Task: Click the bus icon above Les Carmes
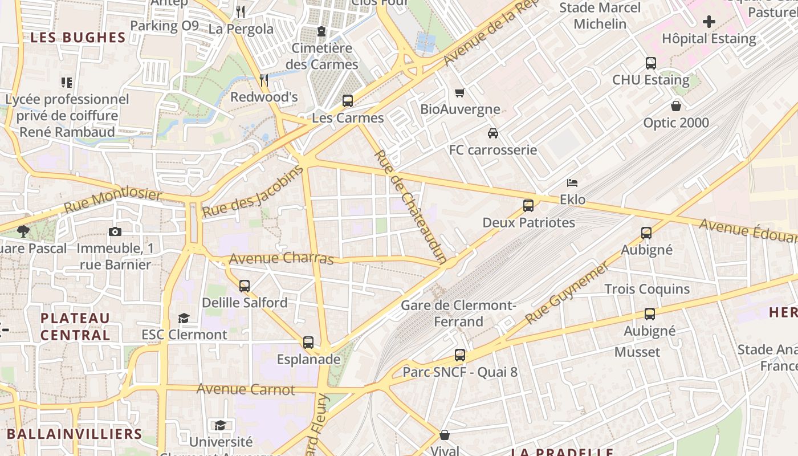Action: (x=348, y=101)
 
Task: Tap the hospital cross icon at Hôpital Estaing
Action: (x=709, y=22)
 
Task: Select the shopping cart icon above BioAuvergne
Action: (x=460, y=92)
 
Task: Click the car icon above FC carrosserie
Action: (x=493, y=133)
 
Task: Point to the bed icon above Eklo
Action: (x=572, y=183)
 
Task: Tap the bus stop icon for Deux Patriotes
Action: (x=528, y=206)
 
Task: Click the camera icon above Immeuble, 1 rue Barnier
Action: (x=115, y=231)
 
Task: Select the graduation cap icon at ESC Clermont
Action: (x=184, y=317)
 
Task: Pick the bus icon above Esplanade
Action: (x=308, y=343)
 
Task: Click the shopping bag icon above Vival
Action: (x=445, y=435)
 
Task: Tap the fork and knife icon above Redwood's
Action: (x=264, y=80)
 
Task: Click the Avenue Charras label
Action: (x=281, y=258)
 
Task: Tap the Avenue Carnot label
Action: (x=246, y=390)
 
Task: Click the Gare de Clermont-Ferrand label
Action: (x=458, y=313)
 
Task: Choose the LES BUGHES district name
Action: (x=78, y=38)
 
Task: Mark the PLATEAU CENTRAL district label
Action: (x=75, y=326)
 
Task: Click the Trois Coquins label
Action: (x=647, y=289)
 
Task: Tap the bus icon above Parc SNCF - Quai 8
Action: (x=460, y=355)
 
